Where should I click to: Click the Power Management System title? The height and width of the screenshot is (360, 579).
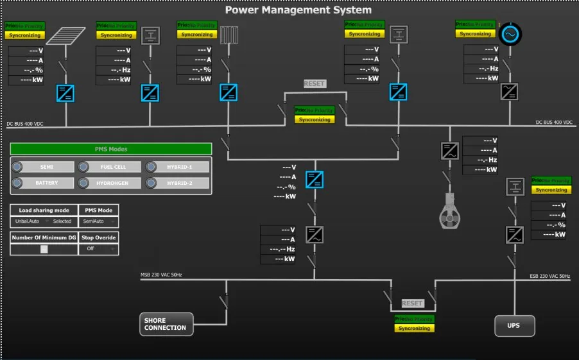[298, 10]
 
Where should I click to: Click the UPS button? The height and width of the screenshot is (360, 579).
[514, 325]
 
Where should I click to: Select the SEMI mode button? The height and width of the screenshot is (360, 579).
[46, 167]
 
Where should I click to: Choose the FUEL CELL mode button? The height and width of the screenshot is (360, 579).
[113, 167]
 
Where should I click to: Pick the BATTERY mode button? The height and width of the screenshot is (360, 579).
[46, 183]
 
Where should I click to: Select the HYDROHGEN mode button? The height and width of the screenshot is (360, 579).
[113, 183]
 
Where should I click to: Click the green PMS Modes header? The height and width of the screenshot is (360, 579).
[111, 149]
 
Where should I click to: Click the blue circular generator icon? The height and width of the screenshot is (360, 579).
[511, 34]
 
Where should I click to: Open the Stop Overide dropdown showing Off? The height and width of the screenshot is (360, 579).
[98, 249]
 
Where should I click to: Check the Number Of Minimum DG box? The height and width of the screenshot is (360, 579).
[44, 249]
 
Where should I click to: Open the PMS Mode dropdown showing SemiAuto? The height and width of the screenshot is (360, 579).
[98, 221]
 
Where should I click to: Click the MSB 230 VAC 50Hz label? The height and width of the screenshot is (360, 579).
[161, 275]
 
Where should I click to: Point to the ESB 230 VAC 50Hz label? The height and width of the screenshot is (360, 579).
[549, 277]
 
